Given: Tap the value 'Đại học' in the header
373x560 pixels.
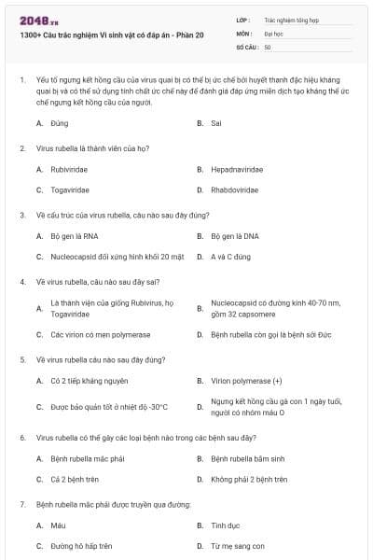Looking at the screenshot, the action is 273,33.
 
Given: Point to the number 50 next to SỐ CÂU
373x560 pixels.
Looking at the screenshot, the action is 268,47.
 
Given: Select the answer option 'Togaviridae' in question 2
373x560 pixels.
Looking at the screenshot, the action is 70,189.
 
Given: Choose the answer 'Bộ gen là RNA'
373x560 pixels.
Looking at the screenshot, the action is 74,236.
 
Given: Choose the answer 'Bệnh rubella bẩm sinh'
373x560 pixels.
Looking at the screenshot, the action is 246,458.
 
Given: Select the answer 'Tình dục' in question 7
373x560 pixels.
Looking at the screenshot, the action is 225,525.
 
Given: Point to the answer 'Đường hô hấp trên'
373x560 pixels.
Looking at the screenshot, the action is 81,545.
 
